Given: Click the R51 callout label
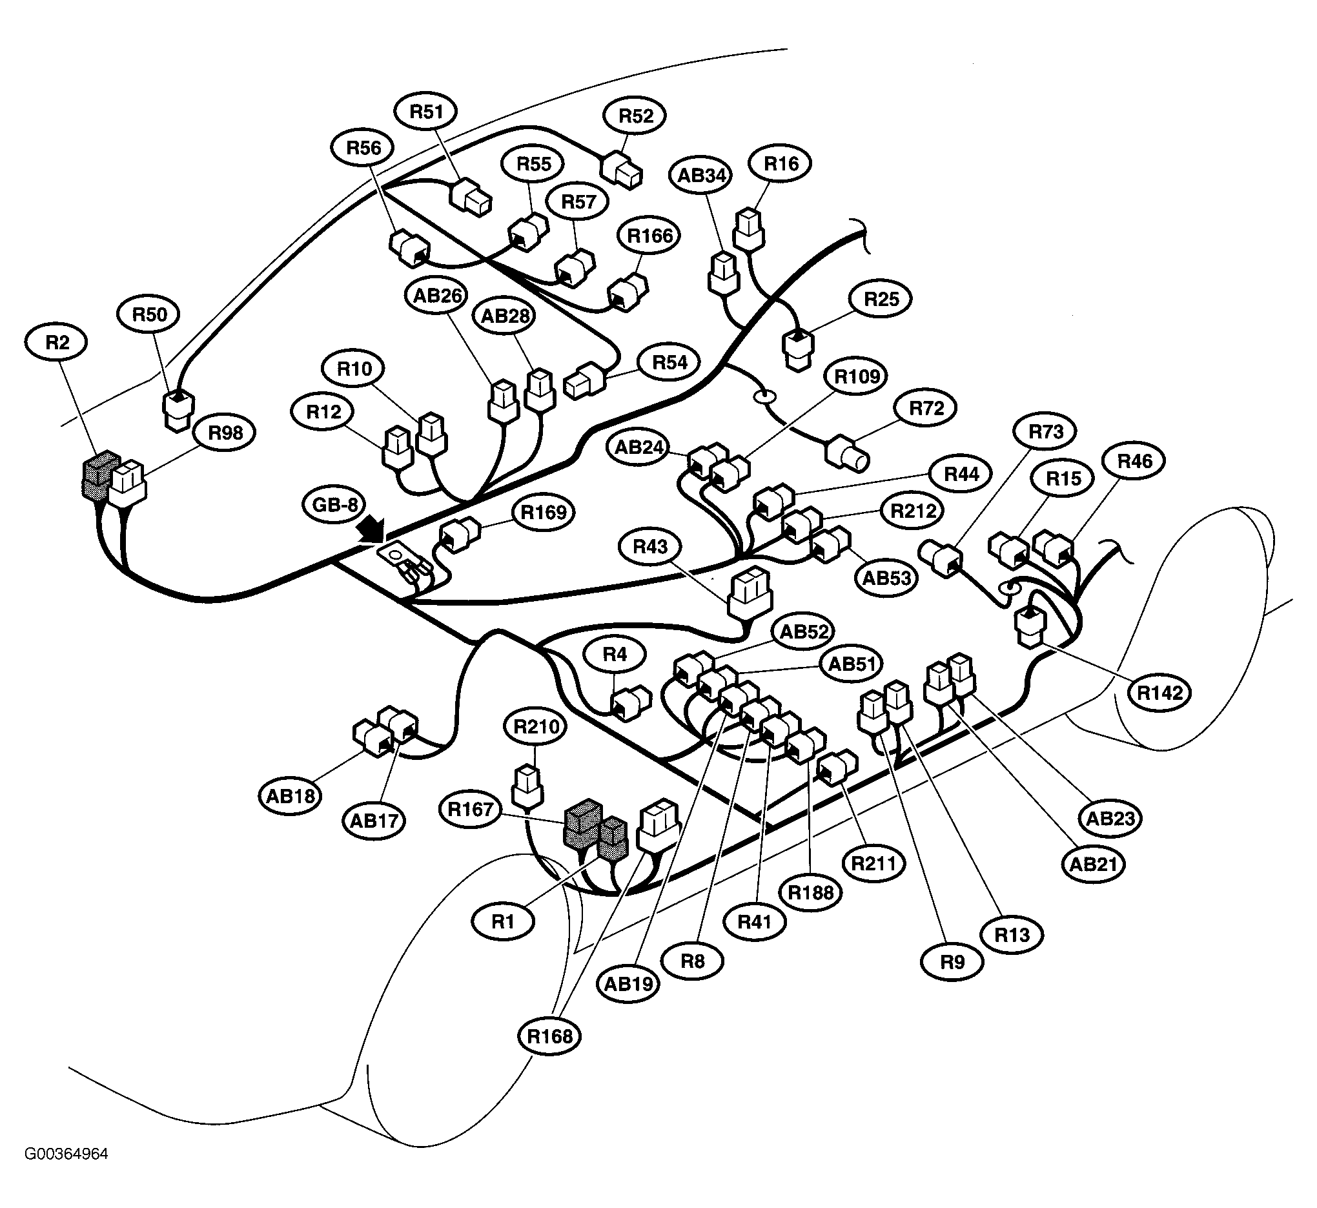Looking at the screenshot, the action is click(426, 112).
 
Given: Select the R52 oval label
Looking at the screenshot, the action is click(635, 116).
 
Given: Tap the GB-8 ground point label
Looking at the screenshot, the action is click(334, 505).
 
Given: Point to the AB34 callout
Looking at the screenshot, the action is click(700, 175).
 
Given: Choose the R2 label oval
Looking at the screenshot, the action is click(57, 343).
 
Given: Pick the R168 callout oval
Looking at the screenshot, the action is click(549, 1036).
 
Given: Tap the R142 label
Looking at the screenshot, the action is click(1159, 692).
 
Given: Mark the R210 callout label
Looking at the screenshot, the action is click(536, 726).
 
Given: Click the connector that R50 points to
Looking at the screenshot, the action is click(178, 411).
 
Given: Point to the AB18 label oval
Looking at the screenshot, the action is click(291, 795).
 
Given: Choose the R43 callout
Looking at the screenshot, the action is click(650, 546).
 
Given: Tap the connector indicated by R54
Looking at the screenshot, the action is click(585, 380).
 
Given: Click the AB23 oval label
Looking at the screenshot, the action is click(1110, 818).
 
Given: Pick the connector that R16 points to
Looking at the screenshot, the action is click(749, 229).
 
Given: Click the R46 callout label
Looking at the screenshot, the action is click(1135, 462).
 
